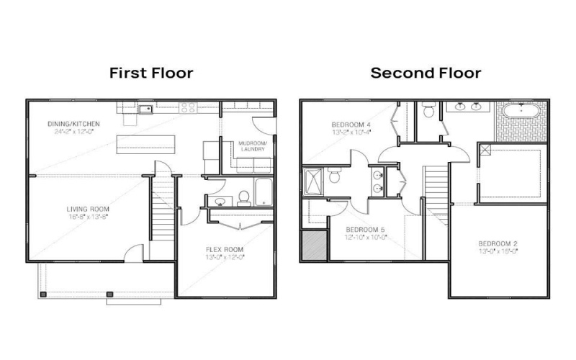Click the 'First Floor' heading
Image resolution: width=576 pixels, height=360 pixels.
(151, 73)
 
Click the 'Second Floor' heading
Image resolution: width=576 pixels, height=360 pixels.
(426, 73)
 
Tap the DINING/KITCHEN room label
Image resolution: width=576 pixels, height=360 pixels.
(73, 125)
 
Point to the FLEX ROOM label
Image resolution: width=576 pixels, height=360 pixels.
(226, 249)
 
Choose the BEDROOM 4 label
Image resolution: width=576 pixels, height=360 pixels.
(351, 124)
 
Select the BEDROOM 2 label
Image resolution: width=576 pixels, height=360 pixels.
(498, 243)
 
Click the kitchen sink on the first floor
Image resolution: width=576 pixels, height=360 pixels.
(145, 109)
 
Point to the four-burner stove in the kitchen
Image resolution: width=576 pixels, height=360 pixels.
(189, 108)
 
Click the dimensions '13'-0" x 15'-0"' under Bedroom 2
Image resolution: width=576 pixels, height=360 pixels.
(498, 251)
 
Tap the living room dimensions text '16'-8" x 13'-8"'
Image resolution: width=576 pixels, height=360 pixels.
(84, 217)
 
